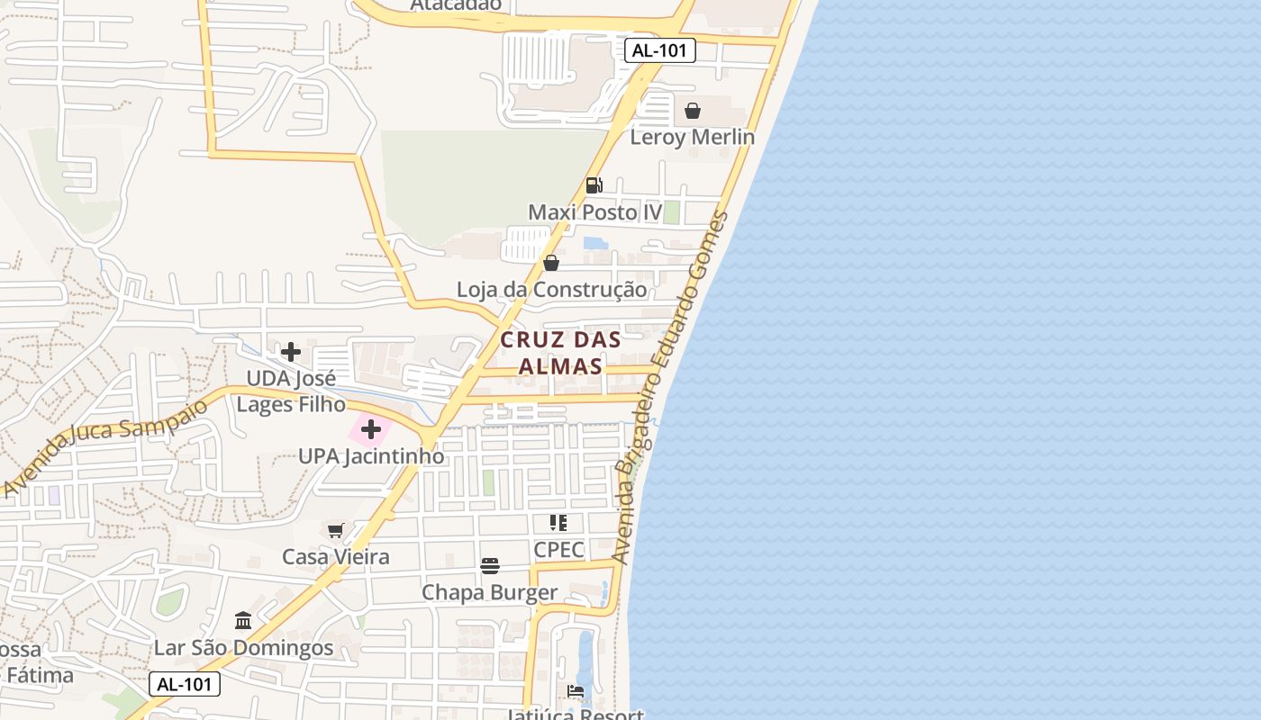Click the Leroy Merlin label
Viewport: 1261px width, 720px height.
pos(692,138)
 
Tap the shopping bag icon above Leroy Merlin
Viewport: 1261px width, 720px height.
pos(693,111)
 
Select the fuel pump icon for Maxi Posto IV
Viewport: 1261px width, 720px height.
pos(594,185)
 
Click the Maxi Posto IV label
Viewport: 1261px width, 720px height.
pos(594,212)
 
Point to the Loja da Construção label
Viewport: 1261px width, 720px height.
pos(551,290)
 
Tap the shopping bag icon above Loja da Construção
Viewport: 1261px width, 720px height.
pos(551,263)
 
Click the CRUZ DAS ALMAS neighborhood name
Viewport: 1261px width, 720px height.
pos(560,353)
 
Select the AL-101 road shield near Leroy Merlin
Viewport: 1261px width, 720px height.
pos(660,50)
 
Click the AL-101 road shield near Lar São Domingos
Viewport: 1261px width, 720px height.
pos(185,684)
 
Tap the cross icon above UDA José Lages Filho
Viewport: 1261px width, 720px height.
pos(291,351)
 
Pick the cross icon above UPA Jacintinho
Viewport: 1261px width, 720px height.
pos(370,429)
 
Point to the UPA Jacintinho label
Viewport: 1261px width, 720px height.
pos(371,456)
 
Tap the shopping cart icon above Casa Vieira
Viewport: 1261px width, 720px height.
pos(336,530)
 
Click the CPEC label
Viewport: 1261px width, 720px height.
pos(558,550)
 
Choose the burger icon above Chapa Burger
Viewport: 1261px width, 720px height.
pos(490,566)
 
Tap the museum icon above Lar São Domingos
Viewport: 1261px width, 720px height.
pos(243,621)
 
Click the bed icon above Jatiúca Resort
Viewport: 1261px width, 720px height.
pos(576,691)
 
